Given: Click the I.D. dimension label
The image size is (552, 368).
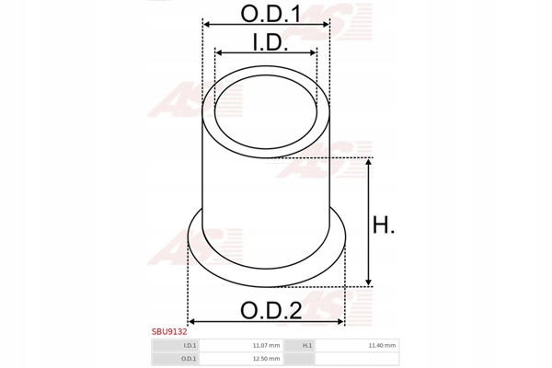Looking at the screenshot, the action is (x=270, y=42).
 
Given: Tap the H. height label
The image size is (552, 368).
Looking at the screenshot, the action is (x=384, y=224).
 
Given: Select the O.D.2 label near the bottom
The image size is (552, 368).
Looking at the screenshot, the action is (x=270, y=311).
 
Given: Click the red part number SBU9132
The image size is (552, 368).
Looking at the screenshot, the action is (x=169, y=332).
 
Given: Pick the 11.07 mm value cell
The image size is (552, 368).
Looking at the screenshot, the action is (x=266, y=346).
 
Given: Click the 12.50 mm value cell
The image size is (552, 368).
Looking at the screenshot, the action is (x=266, y=359).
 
